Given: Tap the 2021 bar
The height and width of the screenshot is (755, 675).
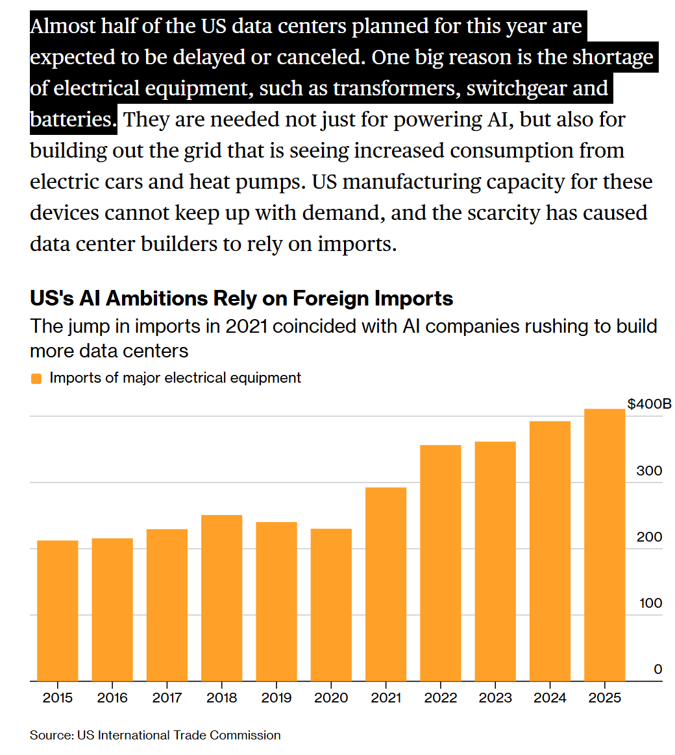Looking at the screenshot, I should tap(386, 584).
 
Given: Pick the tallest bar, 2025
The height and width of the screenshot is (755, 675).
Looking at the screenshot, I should tap(604, 545).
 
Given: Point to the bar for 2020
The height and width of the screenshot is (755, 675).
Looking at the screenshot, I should tap(331, 605).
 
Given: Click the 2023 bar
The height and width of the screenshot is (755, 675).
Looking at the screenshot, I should tap(495, 561).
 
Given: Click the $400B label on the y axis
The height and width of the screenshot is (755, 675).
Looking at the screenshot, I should tap(649, 405).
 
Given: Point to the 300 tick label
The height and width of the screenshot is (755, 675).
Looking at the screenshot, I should tap(649, 471).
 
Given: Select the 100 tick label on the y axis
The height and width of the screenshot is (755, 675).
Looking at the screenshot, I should tap(649, 603).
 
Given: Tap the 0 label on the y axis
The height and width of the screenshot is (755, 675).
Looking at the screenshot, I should tap(657, 669).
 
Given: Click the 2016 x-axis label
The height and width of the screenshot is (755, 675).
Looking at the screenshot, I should tap(112, 699).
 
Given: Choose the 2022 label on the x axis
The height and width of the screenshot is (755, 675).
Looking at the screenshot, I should tap(441, 699).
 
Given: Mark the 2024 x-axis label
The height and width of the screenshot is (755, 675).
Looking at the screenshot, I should tap(550, 699).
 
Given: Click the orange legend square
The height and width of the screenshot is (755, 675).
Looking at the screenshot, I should tap(36, 378).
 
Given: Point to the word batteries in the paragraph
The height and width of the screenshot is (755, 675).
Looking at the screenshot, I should tap(71, 119).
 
